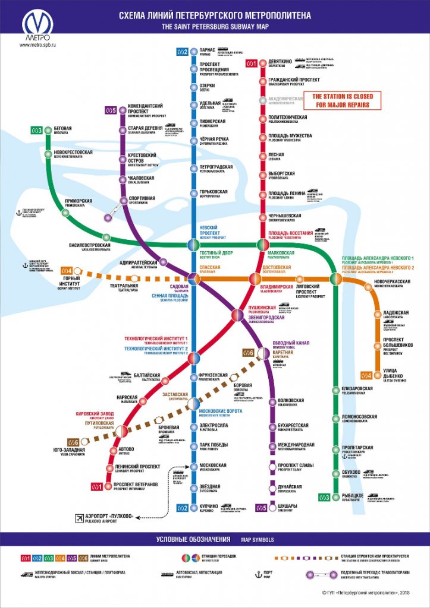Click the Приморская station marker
[65, 213]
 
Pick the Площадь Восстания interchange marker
[262, 244]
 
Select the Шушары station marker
[272, 506]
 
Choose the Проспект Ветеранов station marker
[109, 486]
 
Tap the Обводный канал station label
[291, 344]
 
